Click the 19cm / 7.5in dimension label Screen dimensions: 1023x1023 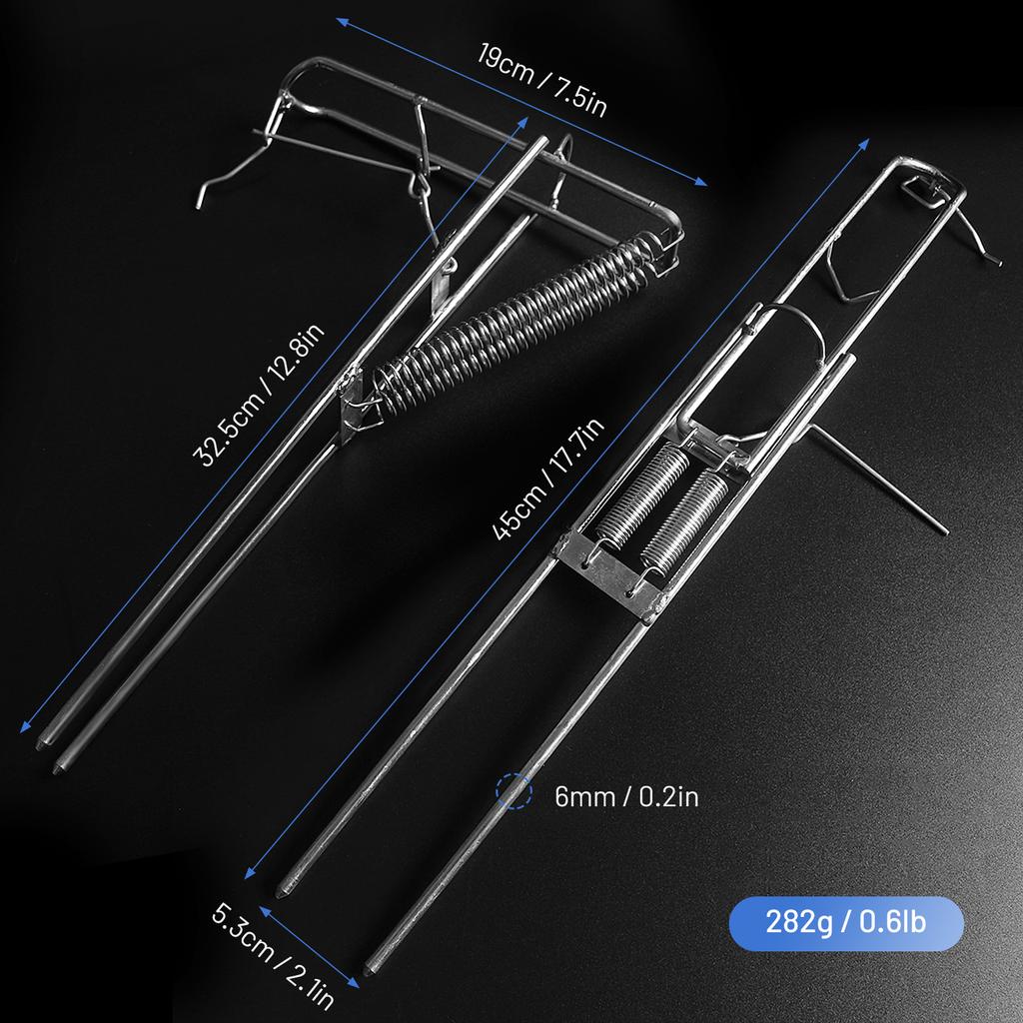(x=542, y=80)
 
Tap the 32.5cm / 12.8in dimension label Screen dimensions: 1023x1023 (x=259, y=396)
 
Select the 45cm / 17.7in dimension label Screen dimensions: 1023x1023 (x=548, y=480)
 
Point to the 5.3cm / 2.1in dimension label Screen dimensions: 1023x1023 (x=273, y=957)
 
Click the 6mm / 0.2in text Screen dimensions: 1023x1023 (x=626, y=796)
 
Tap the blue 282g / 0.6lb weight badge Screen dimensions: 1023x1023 (x=846, y=923)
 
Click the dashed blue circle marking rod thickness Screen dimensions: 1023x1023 (x=514, y=791)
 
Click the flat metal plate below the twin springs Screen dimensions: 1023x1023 (x=610, y=574)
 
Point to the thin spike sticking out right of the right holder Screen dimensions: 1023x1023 (x=881, y=481)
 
